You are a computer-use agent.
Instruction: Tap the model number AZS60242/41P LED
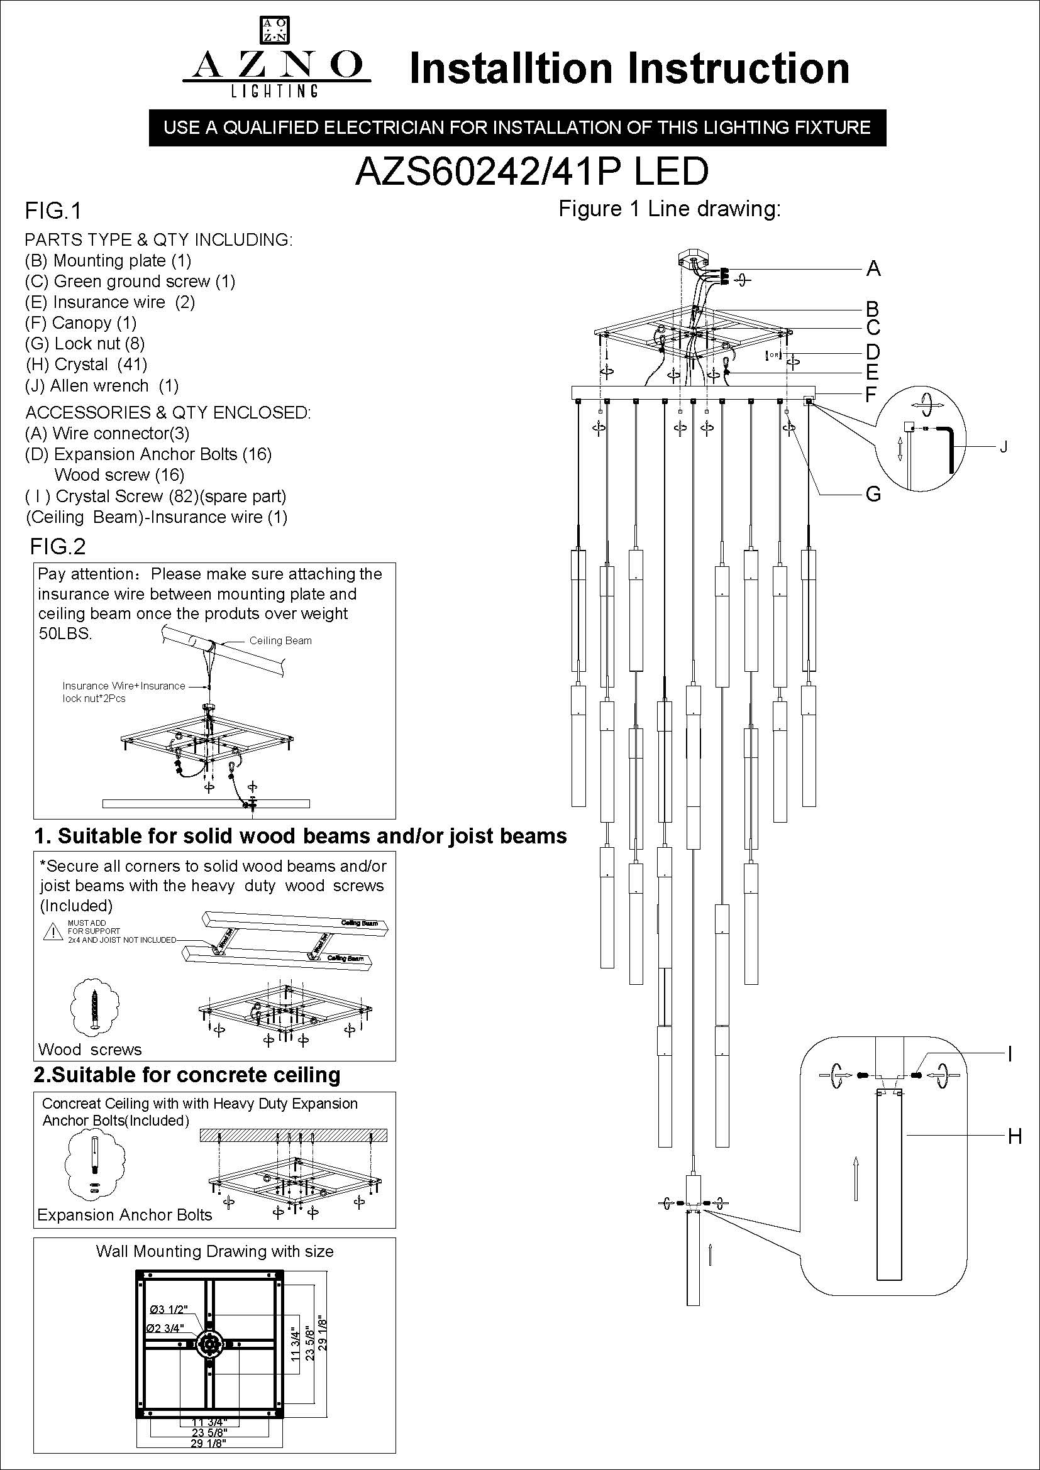click(x=531, y=172)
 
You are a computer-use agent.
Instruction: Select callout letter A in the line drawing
click(x=873, y=269)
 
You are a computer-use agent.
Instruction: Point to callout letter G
click(x=873, y=493)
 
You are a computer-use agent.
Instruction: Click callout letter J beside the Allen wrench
click(x=1004, y=447)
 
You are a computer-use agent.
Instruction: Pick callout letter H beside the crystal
click(x=1014, y=1136)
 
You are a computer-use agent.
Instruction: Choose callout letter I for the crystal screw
click(x=1010, y=1054)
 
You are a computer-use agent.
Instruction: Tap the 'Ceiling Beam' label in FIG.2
click(x=280, y=641)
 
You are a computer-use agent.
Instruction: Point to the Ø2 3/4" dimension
click(x=165, y=1328)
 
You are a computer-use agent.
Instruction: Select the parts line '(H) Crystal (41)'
click(x=86, y=365)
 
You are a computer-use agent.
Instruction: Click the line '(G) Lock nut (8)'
click(x=85, y=344)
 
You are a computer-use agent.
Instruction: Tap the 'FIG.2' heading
click(x=58, y=546)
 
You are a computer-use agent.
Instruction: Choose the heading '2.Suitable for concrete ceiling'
click(x=187, y=1075)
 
